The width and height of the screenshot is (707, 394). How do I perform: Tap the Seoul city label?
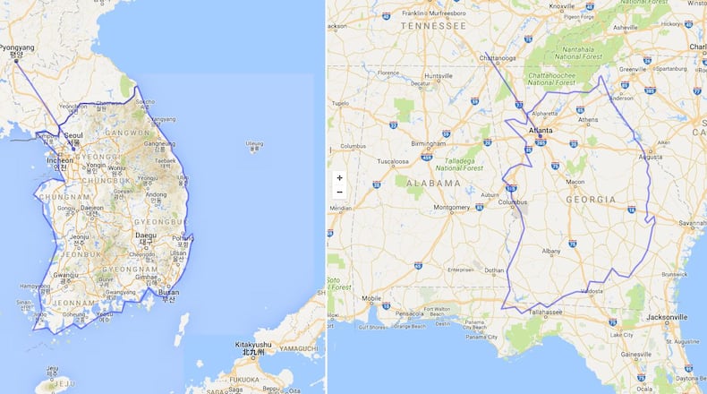pos(73,136)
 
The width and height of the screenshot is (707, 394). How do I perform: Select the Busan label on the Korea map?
pos(167,292)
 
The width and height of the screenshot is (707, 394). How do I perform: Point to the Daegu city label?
pos(144,236)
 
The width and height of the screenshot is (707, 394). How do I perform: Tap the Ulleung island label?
pos(255,143)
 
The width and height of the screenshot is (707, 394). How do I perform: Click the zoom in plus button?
pos(339,178)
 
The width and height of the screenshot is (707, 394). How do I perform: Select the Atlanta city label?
pos(541,130)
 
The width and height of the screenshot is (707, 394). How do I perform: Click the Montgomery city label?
pos(452,208)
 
